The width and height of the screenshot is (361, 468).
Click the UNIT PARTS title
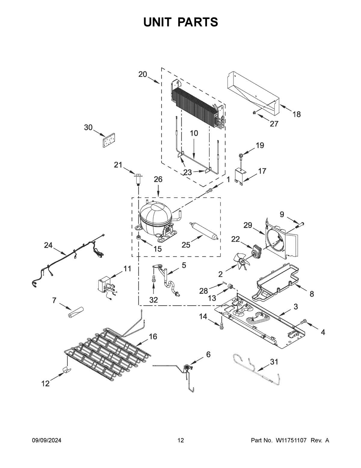pos(180,22)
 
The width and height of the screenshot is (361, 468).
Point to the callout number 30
pos(88,128)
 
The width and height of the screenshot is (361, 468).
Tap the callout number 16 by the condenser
pos(153,337)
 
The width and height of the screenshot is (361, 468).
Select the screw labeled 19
pos(240,155)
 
